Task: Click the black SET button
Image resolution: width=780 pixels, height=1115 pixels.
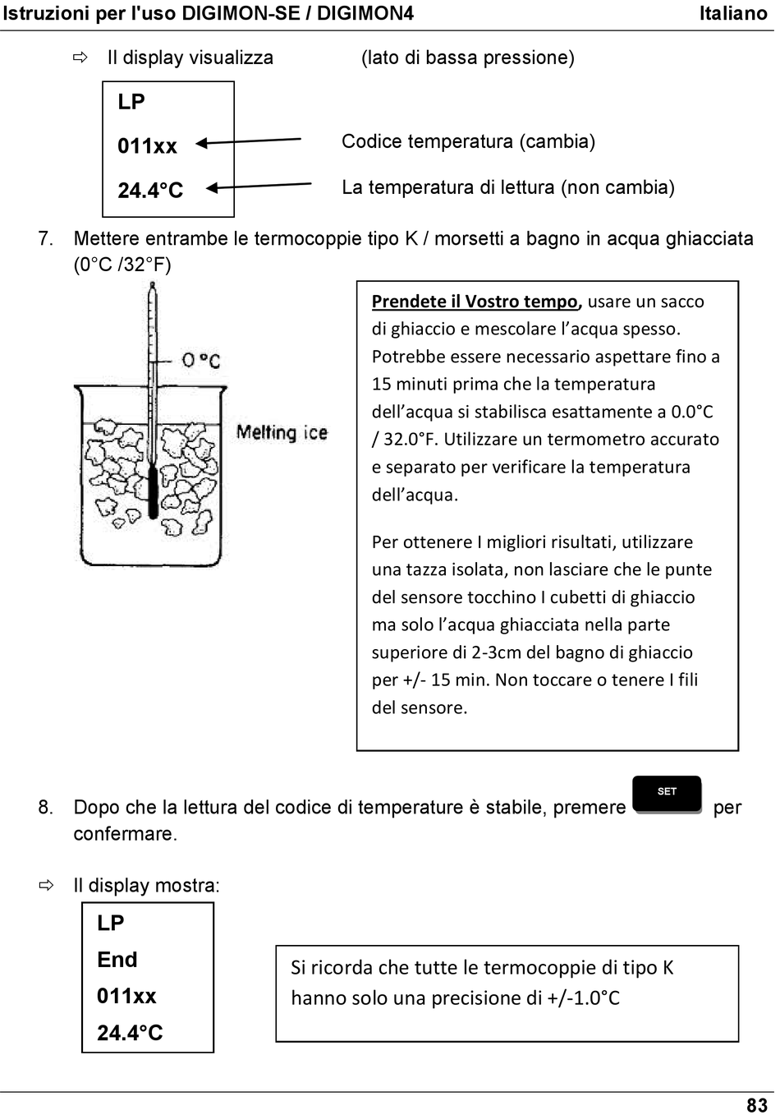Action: (667, 794)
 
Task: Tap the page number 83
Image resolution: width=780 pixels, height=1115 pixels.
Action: (756, 1104)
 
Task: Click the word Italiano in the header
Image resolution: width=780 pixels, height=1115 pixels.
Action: (732, 13)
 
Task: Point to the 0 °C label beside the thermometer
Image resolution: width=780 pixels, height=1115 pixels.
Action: (201, 361)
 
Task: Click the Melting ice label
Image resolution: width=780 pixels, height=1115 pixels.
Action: (282, 432)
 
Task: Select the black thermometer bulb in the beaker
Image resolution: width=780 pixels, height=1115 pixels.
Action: (153, 493)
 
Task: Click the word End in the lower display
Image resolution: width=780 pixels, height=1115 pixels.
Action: (117, 960)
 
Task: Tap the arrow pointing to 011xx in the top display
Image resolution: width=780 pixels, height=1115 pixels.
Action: (248, 141)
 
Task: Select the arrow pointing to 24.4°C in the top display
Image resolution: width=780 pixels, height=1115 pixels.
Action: (258, 187)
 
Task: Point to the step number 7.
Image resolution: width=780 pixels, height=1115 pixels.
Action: (45, 239)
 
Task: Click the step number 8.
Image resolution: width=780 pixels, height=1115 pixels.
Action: (45, 808)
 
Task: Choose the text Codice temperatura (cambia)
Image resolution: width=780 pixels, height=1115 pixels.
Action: (468, 141)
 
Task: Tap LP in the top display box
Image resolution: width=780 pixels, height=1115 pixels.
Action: (131, 102)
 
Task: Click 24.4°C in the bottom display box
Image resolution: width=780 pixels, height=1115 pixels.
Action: (130, 1033)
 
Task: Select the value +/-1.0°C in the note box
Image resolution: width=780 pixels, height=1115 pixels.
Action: (583, 998)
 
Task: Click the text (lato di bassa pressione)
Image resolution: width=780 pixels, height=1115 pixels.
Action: (468, 58)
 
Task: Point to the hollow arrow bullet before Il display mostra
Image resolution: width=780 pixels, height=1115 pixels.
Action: (46, 886)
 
